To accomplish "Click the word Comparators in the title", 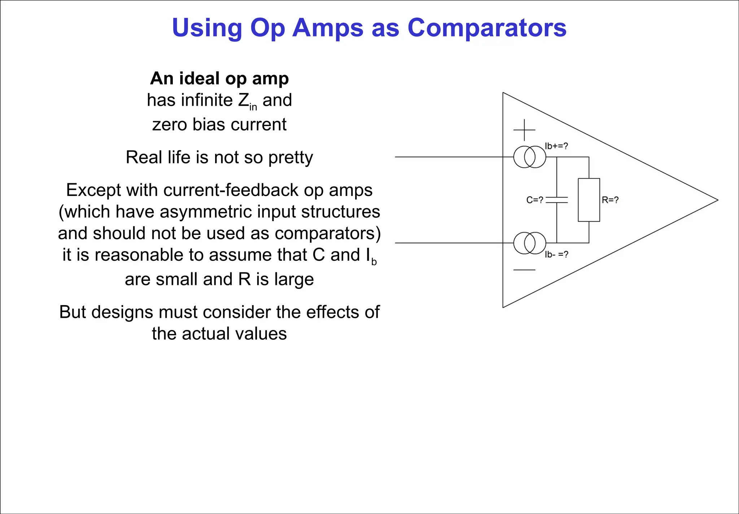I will (487, 28).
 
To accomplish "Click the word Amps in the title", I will (328, 28).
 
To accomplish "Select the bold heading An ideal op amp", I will (219, 78).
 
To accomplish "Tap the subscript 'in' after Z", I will (253, 107).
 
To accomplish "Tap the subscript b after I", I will (374, 262).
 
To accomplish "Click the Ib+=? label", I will (556, 146).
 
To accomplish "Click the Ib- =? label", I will (556, 255).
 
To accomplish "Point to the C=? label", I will (534, 200).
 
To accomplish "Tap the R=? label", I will (610, 200).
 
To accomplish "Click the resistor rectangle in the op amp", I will (589, 200).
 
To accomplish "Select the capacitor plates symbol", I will (557, 200).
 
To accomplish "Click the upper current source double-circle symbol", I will (529, 157).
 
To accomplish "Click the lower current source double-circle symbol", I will (529, 243).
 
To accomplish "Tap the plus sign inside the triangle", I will (524, 130).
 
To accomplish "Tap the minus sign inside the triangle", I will (524, 270).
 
